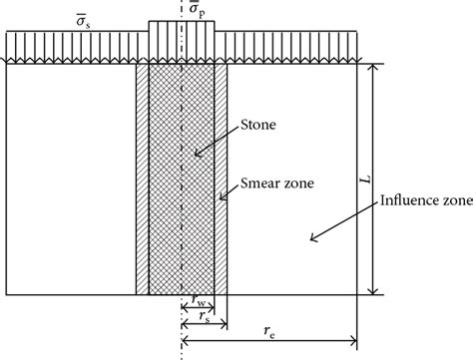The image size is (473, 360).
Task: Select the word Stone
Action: (x=258, y=128)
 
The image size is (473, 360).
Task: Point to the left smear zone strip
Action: (x=142, y=180)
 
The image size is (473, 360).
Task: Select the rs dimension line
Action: (x=205, y=327)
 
